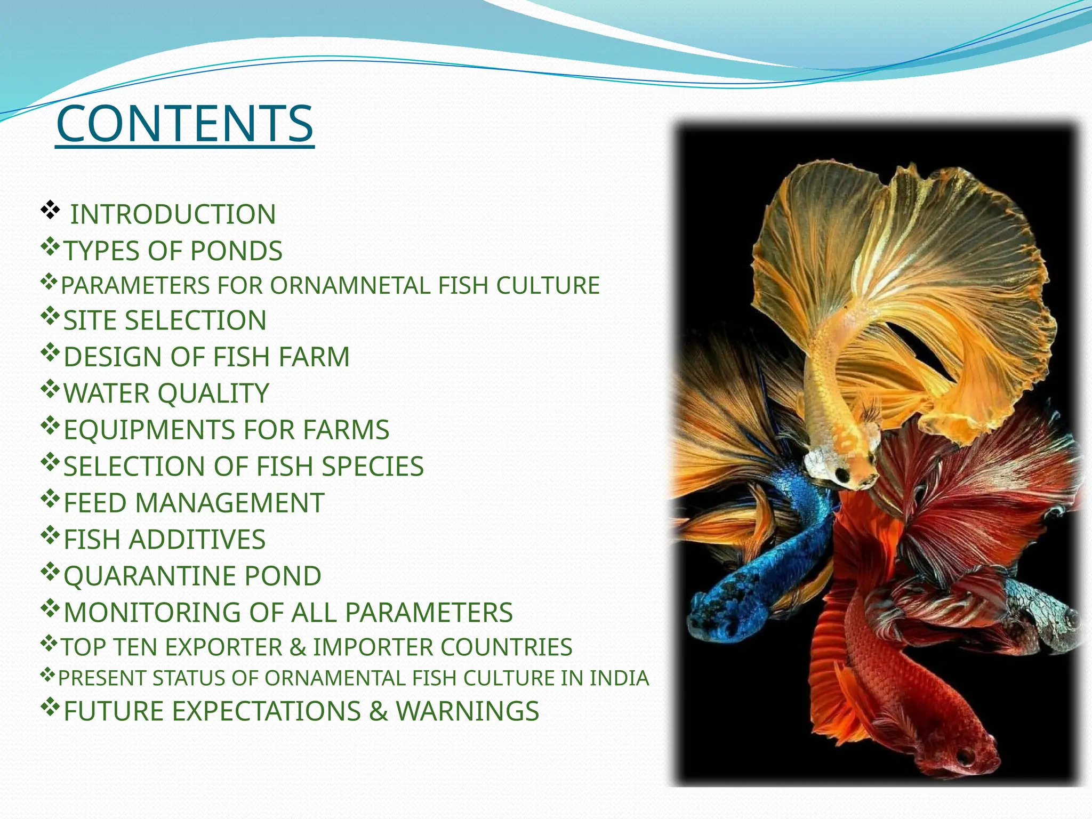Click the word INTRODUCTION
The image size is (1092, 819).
tap(173, 214)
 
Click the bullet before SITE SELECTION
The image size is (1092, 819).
tap(50, 317)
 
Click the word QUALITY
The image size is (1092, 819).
tap(213, 394)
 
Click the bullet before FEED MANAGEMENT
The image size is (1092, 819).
tap(50, 499)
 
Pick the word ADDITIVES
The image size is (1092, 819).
tap(197, 539)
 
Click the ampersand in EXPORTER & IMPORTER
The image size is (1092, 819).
tap(298, 647)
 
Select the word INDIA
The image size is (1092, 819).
tap(619, 678)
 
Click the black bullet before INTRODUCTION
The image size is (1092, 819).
tap(50, 211)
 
